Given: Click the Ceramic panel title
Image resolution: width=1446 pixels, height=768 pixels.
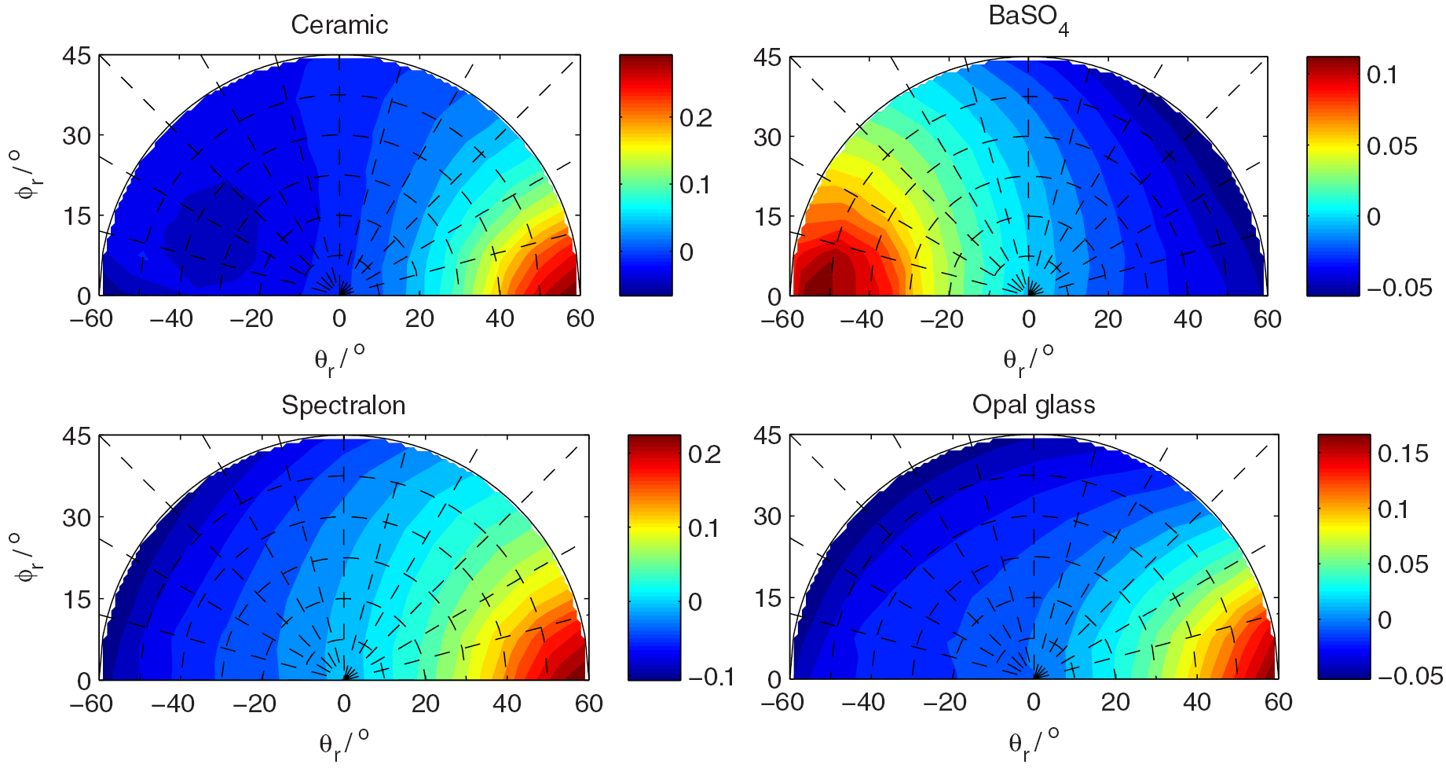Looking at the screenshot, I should coord(339,25).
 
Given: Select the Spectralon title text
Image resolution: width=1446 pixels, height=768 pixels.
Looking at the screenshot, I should coord(343,405).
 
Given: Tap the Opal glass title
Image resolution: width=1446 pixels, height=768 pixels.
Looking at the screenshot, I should coord(1034,405).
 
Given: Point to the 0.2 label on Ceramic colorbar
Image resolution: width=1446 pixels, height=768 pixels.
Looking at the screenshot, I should coord(696,118).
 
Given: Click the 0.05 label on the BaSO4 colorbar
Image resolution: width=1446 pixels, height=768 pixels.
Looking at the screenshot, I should coord(1392,146).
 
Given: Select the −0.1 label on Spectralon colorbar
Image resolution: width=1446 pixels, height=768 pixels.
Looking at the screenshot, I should coord(711,677).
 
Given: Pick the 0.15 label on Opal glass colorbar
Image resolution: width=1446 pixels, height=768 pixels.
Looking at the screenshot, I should coord(1403,454).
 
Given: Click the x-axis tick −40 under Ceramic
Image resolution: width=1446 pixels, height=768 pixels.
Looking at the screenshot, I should coord(171,318).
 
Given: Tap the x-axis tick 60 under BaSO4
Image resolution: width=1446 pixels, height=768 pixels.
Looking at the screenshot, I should coord(1268,319).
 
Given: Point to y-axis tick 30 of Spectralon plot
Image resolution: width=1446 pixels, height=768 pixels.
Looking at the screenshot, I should coord(76,517).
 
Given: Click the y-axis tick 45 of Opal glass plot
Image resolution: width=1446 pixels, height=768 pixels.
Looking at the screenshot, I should coord(767,435).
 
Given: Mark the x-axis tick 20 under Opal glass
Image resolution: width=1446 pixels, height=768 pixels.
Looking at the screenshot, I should coord(1115,702).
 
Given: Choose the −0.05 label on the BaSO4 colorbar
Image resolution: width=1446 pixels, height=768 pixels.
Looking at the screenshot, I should coord(1399,288).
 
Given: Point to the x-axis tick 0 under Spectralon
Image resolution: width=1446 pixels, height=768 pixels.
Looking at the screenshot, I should coord(344,703).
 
